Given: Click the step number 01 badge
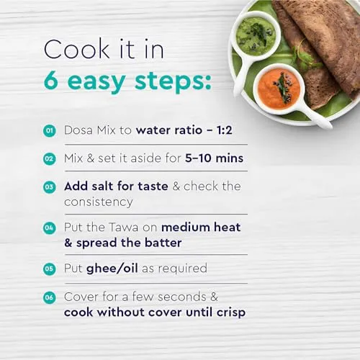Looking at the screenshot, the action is click(x=50, y=131).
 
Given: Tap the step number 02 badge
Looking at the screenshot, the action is click(x=50, y=159).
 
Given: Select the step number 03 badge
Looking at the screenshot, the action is click(x=50, y=187).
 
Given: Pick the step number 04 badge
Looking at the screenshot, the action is click(x=50, y=228).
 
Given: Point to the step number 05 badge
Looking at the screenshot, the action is click(x=50, y=269).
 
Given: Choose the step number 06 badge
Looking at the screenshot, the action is click(x=50, y=298).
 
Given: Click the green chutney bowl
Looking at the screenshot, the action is click(x=256, y=36).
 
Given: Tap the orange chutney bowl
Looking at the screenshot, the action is click(x=279, y=89).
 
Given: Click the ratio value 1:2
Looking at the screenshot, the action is click(x=225, y=130).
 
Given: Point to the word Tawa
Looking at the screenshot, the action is click(x=123, y=228).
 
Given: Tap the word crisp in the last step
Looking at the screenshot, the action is click(x=231, y=313).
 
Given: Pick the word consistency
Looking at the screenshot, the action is click(x=99, y=202).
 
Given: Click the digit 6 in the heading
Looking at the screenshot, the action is click(x=51, y=81).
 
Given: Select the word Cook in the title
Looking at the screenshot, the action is click(x=77, y=49).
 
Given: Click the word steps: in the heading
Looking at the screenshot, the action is click(x=173, y=81).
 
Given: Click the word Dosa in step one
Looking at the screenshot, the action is click(x=78, y=130).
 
